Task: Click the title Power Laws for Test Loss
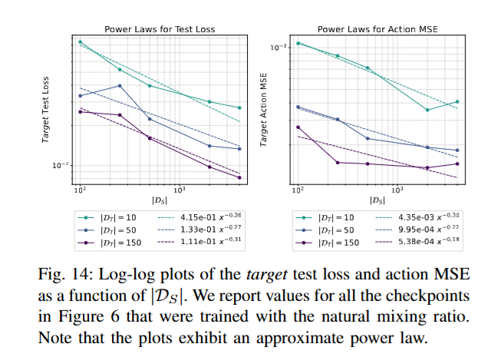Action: [160, 28]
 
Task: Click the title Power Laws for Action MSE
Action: [376, 28]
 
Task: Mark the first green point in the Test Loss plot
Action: [80, 41]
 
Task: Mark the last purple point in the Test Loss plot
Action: [240, 177]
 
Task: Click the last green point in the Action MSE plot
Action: [457, 101]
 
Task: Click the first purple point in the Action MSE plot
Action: [298, 127]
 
